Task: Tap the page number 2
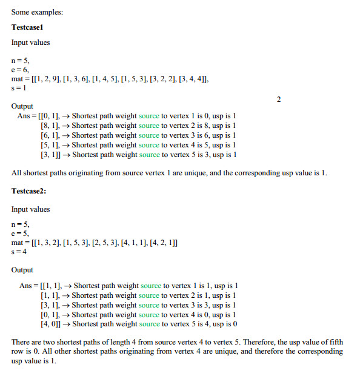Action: tap(279, 99)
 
